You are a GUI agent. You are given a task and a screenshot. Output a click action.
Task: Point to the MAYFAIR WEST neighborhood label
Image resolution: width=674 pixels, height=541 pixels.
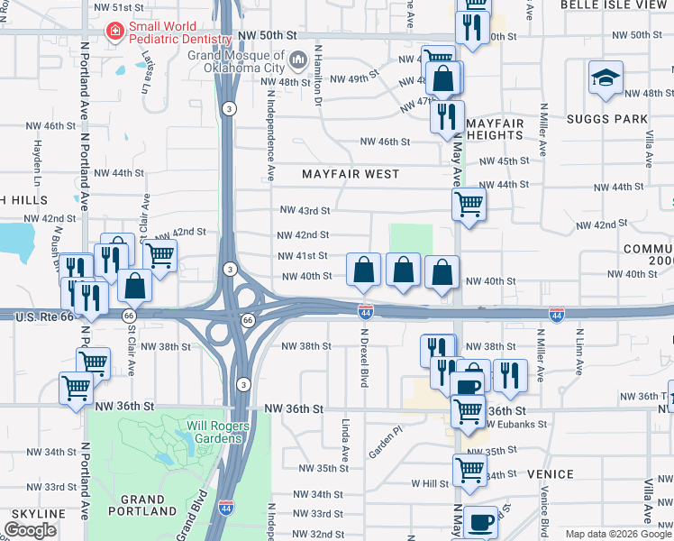click(350, 173)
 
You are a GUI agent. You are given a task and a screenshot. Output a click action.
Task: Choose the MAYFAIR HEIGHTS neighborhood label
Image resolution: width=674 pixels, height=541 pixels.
click(495, 128)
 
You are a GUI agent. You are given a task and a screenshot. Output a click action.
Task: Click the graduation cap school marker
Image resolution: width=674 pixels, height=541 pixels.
click(606, 78)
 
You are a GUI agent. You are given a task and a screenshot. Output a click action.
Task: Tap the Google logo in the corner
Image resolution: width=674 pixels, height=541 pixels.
click(30, 529)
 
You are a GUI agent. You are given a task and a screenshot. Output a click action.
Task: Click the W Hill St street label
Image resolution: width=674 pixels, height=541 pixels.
click(430, 483)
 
